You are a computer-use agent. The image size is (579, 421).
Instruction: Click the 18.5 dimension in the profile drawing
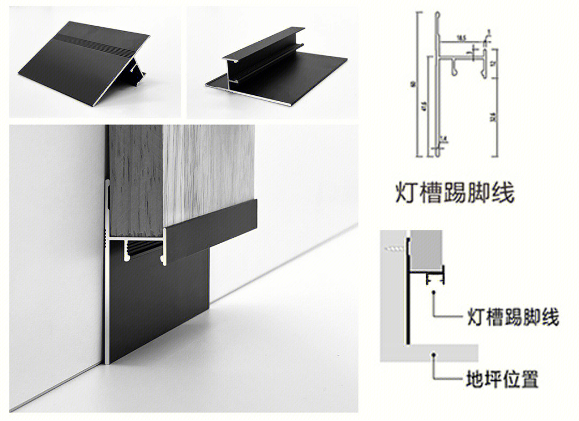pos(461,37)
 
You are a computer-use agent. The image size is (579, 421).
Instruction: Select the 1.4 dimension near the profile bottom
pos(443,140)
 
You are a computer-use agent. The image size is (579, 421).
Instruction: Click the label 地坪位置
pos(501,380)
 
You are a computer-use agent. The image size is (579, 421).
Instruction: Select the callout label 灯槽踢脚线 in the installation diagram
pos(512,318)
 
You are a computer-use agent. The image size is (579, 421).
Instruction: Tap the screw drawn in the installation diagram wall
pos(395,249)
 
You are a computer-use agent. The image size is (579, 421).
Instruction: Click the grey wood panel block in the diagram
pos(427,252)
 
